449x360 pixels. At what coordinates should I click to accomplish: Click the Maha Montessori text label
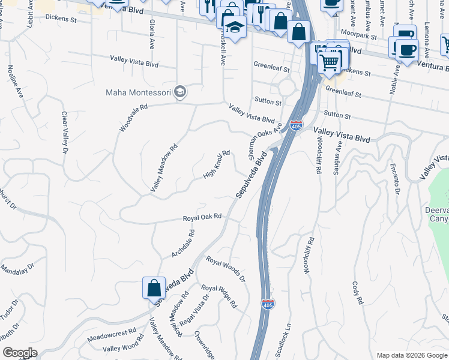coord(138,92)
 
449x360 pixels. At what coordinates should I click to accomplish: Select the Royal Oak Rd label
coord(202,217)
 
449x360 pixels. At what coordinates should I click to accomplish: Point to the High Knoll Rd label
coord(217,164)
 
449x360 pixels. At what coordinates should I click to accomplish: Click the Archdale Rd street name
coord(183,244)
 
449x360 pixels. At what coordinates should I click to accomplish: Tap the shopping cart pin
coord(328,61)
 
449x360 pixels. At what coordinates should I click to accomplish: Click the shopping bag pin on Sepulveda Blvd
coord(154,287)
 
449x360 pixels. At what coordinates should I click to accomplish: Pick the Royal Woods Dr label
coord(226,269)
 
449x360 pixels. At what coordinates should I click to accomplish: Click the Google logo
coord(20,353)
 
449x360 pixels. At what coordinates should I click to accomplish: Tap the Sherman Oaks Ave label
coord(265,137)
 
